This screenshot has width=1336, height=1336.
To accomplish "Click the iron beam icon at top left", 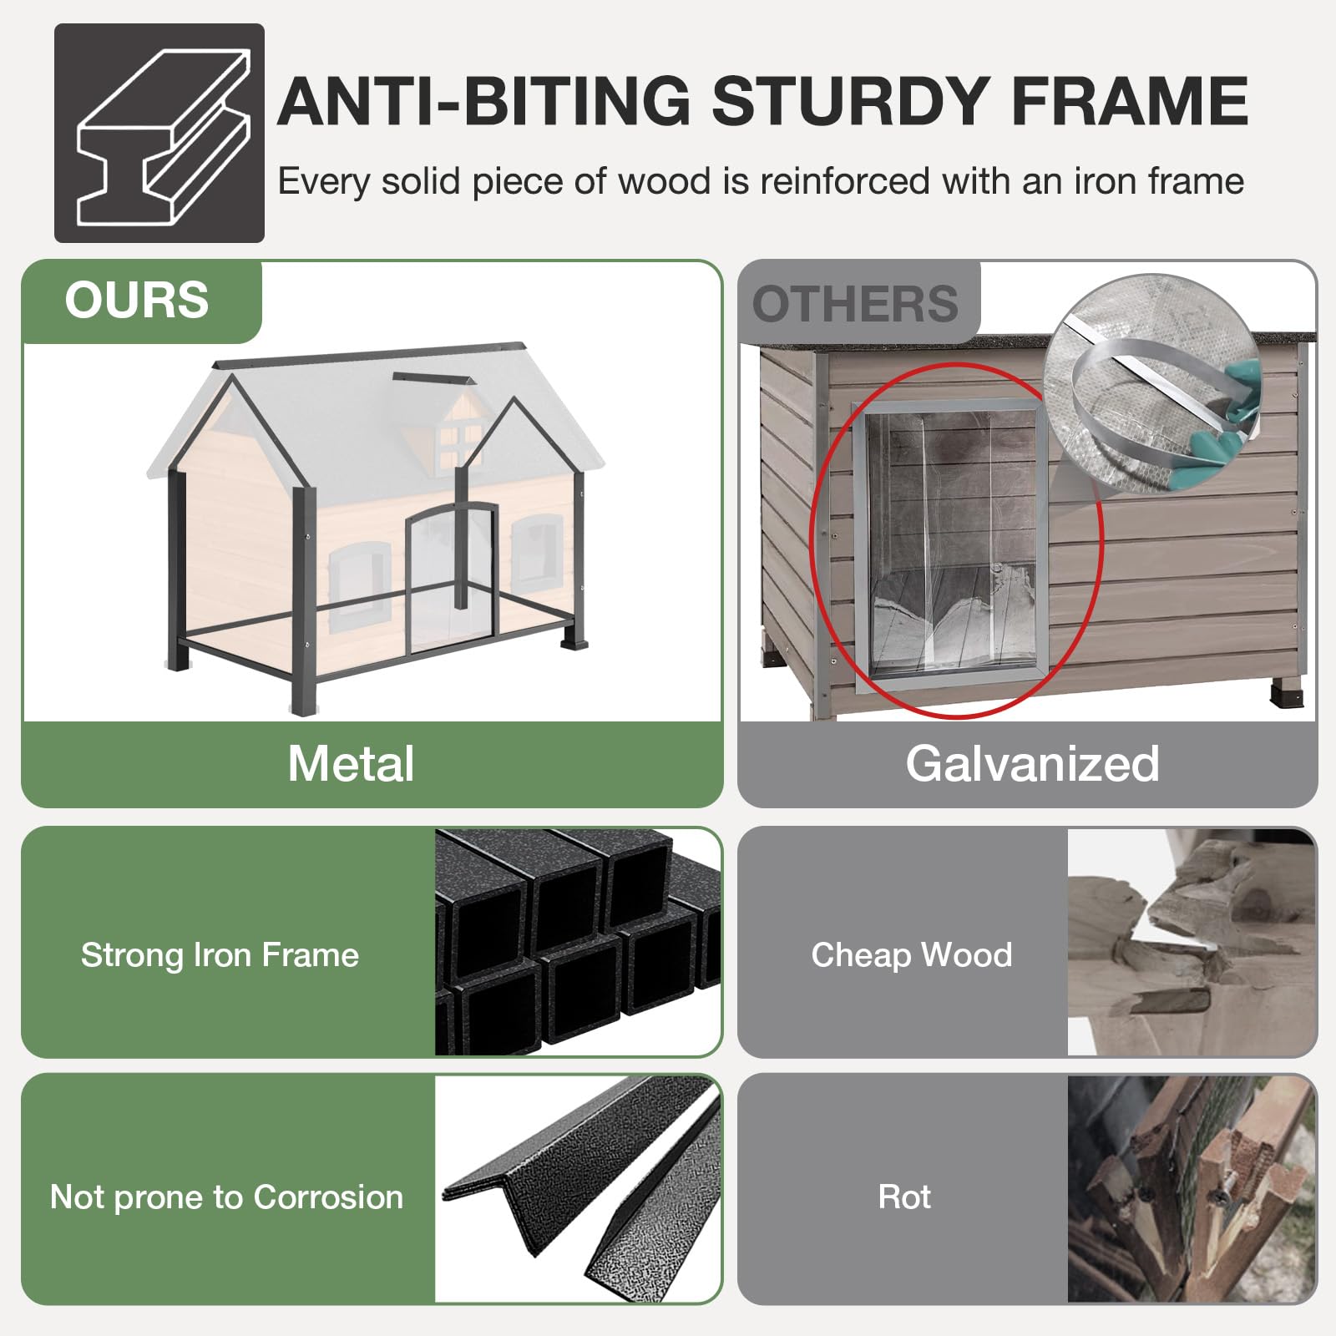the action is pyautogui.click(x=159, y=134).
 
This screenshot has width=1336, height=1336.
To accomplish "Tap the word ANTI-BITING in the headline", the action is pyautogui.click(x=484, y=101).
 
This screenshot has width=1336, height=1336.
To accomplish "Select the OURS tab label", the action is pyautogui.click(x=137, y=300).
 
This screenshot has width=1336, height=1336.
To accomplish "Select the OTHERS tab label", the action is pyautogui.click(x=855, y=304).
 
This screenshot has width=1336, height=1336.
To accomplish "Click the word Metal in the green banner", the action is pyautogui.click(x=351, y=763).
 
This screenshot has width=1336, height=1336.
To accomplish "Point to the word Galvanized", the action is pyautogui.click(x=1033, y=763).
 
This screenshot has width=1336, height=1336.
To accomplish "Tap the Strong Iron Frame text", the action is pyautogui.click(x=220, y=954).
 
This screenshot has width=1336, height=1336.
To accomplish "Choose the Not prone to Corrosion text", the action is pyautogui.click(x=226, y=1197).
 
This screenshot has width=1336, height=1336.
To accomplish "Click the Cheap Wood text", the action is pyautogui.click(x=912, y=954).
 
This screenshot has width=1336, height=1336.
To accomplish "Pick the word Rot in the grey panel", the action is pyautogui.click(x=904, y=1197).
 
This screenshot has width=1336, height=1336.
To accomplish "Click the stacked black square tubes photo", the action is pyautogui.click(x=578, y=942).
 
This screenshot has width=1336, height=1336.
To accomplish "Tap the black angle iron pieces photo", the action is pyautogui.click(x=578, y=1189).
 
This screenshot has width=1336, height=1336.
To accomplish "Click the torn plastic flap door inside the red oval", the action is pyautogui.click(x=952, y=543).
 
